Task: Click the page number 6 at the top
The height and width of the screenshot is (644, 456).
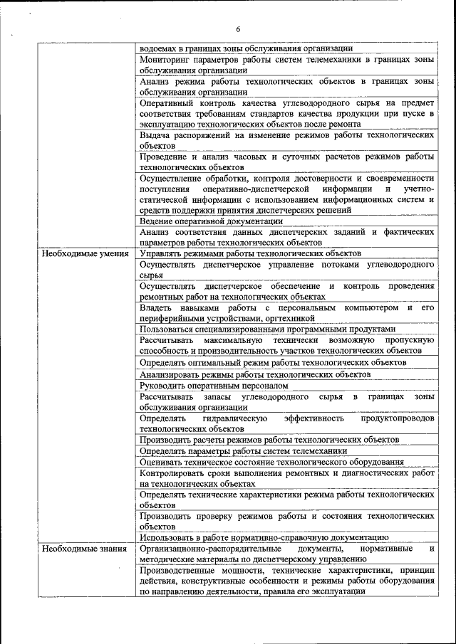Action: tap(238, 29)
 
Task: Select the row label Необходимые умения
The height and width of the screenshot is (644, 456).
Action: tap(85, 253)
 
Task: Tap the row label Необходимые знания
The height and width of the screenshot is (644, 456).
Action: tap(84, 549)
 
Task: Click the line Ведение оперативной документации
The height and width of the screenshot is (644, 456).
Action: tap(212, 221)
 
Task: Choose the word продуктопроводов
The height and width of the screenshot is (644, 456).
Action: tap(398, 418)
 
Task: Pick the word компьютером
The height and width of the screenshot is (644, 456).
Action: tap(370, 307)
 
